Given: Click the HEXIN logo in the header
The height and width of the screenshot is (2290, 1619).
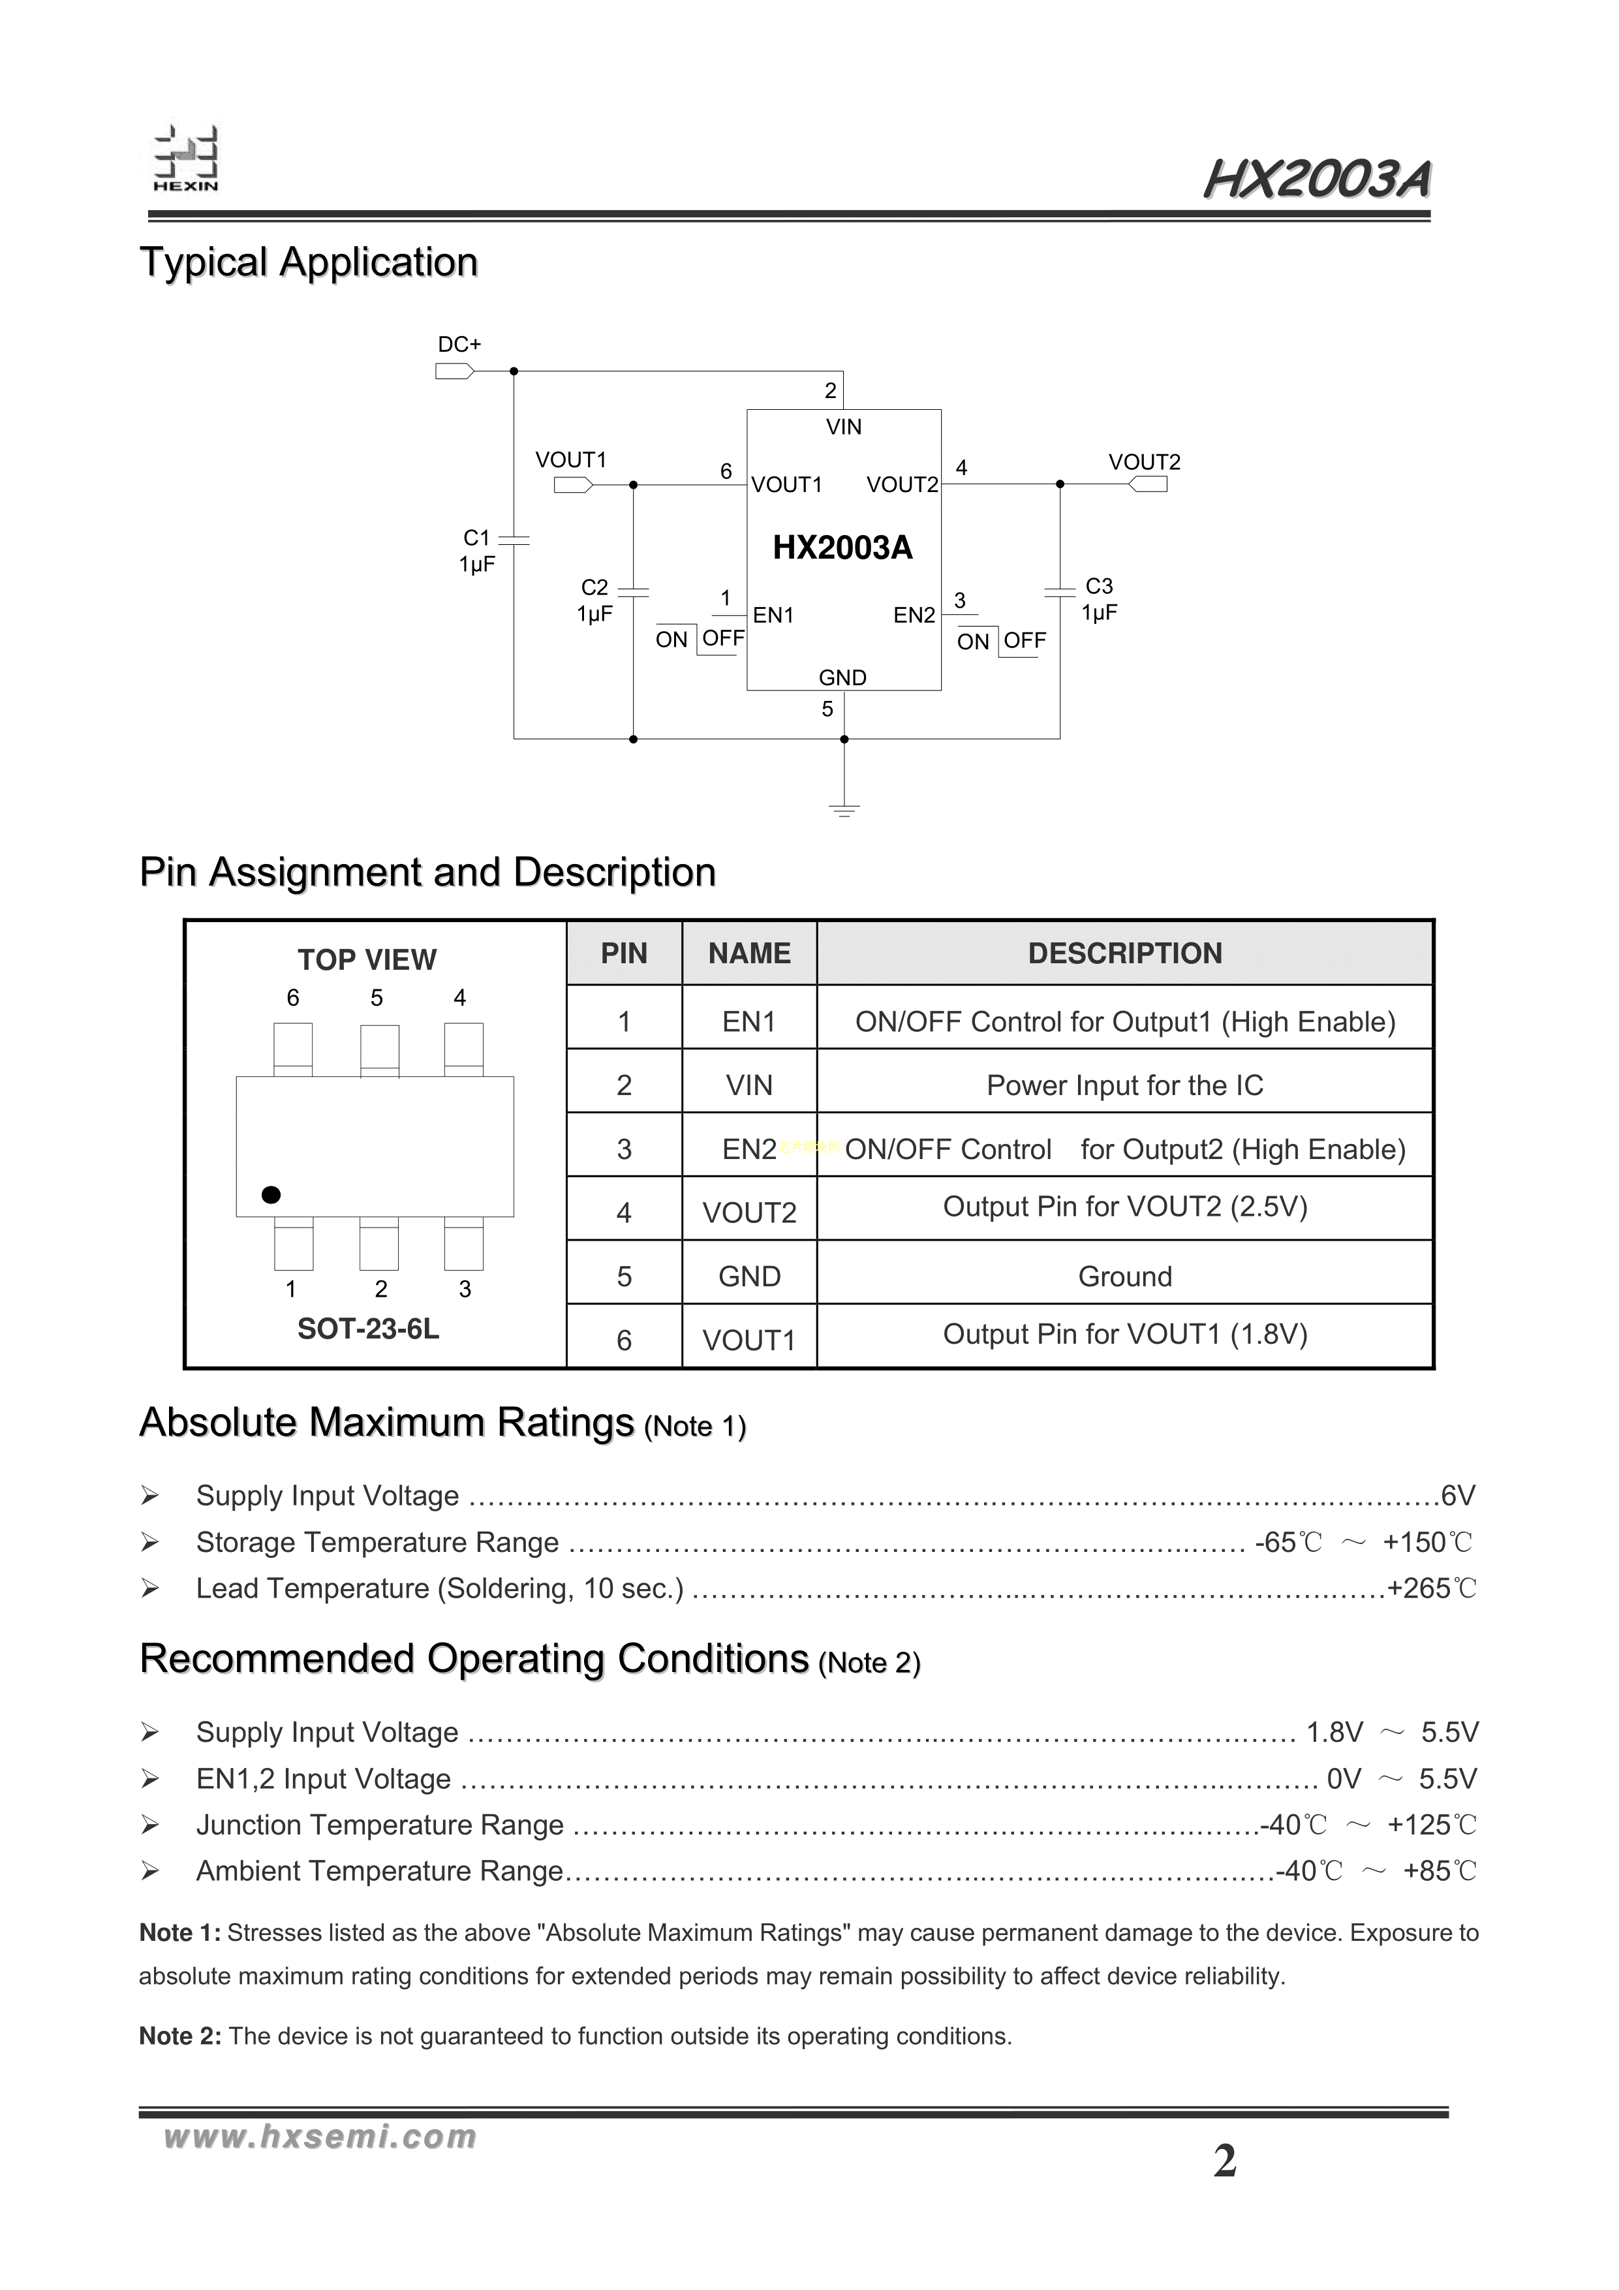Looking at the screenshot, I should (185, 160).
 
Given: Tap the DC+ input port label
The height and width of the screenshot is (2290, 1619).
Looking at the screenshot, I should (459, 345).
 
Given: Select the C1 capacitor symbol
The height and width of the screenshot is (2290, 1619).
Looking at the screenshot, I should (514, 540).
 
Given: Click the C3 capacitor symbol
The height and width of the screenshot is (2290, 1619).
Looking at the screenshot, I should (1059, 591).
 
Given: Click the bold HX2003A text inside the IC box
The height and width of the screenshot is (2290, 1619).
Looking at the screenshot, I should (843, 548).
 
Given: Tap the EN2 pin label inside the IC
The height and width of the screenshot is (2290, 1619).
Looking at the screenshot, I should (914, 615).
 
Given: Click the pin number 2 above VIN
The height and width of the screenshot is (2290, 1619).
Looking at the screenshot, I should (830, 391).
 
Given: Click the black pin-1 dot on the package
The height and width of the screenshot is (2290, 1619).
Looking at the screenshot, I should (270, 1195).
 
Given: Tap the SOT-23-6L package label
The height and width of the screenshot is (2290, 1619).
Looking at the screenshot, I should (368, 1329).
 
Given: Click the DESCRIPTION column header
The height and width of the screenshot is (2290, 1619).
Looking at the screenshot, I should (1124, 953).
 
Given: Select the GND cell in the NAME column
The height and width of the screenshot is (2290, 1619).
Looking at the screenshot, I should (749, 1277).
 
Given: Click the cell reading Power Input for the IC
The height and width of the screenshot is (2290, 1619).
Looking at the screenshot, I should (1124, 1085).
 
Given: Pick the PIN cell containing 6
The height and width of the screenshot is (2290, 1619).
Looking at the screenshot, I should (624, 1340).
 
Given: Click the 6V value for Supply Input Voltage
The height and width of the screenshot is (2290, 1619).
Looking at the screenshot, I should (1457, 1496).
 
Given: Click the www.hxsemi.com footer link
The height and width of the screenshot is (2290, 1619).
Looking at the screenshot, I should (319, 2137).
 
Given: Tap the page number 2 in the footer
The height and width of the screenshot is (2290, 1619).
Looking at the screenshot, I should (1225, 2161).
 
